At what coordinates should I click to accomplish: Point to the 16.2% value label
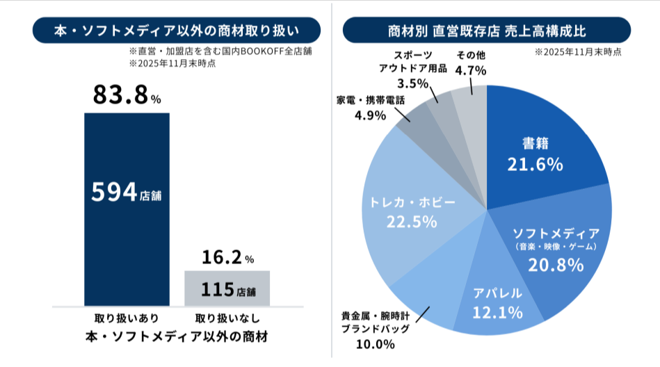point(227,258)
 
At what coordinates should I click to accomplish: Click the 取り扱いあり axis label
point(127,319)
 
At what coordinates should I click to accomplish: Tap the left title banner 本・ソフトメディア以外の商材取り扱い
point(176,31)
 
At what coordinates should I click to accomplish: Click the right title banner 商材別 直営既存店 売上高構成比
point(487,31)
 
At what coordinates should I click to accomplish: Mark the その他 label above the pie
point(470,55)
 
